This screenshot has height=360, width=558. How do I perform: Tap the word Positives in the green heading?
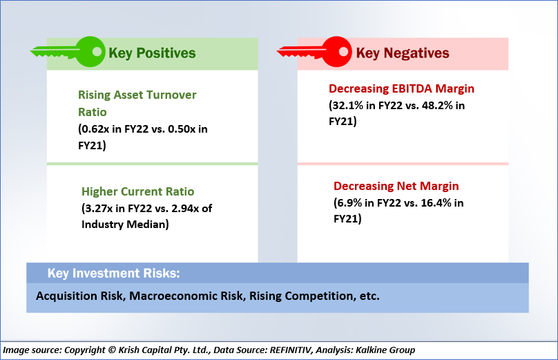coord(166,53)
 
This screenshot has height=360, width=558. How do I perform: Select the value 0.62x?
coord(95,129)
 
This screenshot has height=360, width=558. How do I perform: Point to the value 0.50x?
coord(182,129)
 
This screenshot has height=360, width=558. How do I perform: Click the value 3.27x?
coord(99,208)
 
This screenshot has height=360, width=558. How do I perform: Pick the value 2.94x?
coord(185,208)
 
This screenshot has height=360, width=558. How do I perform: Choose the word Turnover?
coord(171,95)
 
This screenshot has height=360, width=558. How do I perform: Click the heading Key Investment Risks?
coord(113,273)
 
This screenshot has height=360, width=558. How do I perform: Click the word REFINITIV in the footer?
coord(291,350)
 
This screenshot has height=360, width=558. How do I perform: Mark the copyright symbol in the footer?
coord(112,350)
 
